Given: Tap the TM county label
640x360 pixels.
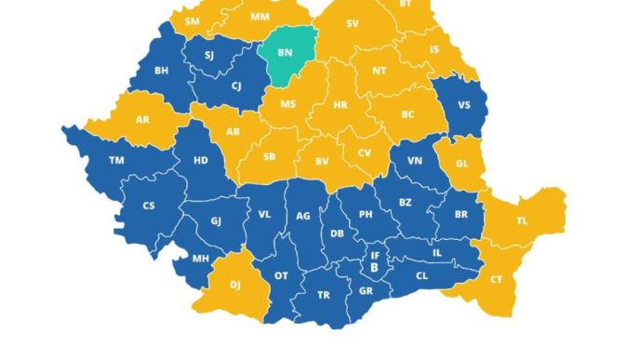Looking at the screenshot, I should coord(116,160).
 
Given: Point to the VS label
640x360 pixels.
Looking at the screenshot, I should coord(465,104).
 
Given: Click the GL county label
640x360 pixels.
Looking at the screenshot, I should coord(464,164).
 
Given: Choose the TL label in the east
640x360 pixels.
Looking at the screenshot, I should coord(522,221).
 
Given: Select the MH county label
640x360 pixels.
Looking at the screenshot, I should coord(200,259).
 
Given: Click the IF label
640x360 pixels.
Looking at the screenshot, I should coord(375,254).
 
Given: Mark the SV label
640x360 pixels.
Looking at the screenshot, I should coord(352,24).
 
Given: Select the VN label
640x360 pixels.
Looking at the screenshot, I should coord(415,162).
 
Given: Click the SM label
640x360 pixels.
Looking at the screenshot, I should coord(193,20).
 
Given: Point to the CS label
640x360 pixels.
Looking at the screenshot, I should coord(149,206).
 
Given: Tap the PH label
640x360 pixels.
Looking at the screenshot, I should coord(366,213).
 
